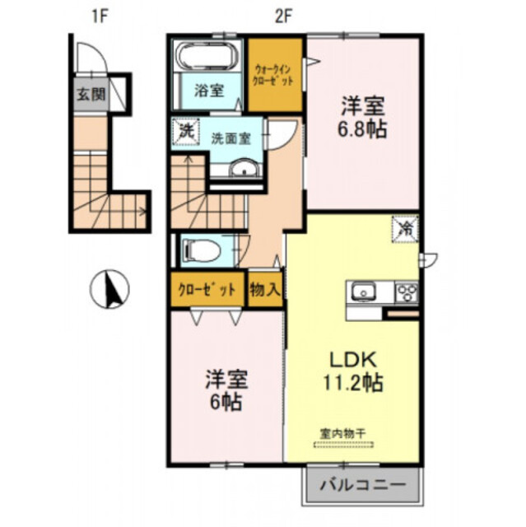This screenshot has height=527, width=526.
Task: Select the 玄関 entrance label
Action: pyautogui.click(x=91, y=93)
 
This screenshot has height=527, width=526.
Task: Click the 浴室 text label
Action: pyautogui.click(x=208, y=91)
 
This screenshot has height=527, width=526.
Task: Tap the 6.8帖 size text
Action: pyautogui.click(x=361, y=129)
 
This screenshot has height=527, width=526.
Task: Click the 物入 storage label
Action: pyautogui.click(x=265, y=289)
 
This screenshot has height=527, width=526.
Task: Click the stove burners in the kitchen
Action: pyautogui.click(x=406, y=291)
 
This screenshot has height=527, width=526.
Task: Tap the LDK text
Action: pyautogui.click(x=355, y=361)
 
